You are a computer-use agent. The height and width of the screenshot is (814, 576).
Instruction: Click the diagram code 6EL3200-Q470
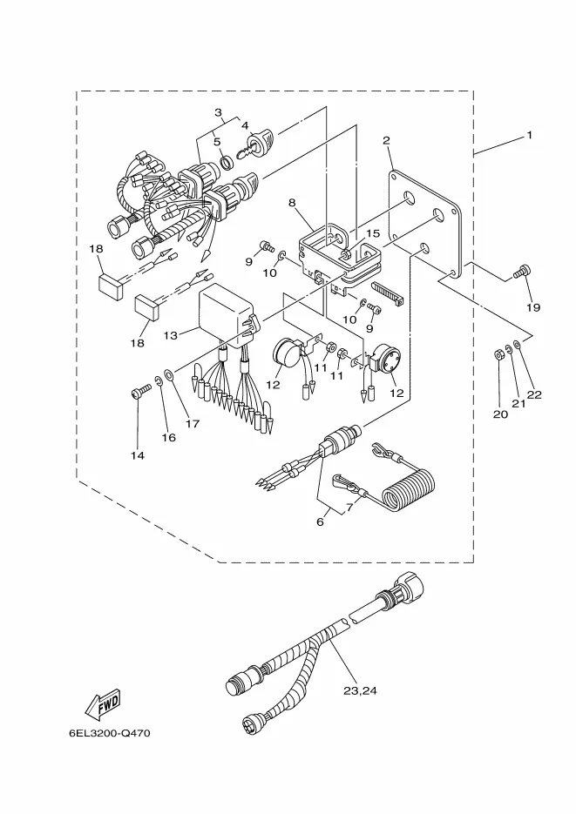pos(110,734)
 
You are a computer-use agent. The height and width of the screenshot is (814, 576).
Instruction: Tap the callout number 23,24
pos(360,690)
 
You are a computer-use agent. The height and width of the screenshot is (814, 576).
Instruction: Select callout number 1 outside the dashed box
pos(529,136)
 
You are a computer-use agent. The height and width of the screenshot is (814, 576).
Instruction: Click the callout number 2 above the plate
pos(386,140)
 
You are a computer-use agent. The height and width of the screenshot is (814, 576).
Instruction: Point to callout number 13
pos(170,335)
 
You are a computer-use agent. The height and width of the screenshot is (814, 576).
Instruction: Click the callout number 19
pos(533,307)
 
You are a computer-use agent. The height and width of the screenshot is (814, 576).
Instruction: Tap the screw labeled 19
pos(521,272)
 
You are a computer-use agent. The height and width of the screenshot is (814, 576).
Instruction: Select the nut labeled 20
pos(498,355)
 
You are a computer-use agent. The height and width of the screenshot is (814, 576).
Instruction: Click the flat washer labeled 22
pos(517,344)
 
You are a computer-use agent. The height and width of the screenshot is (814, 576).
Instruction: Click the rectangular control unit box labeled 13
pos(227,316)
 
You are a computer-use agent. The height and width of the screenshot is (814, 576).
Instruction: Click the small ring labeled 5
pos(227,163)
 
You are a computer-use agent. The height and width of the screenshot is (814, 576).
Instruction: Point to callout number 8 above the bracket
pos(292,202)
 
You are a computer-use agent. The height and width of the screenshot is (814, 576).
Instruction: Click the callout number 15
pos(373,233)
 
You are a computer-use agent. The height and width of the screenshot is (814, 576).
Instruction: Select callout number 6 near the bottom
pos(320,521)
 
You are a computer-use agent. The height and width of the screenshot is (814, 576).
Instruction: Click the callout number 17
pos(193,424)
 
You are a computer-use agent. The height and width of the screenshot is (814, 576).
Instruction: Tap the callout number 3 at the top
pos(218,112)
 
